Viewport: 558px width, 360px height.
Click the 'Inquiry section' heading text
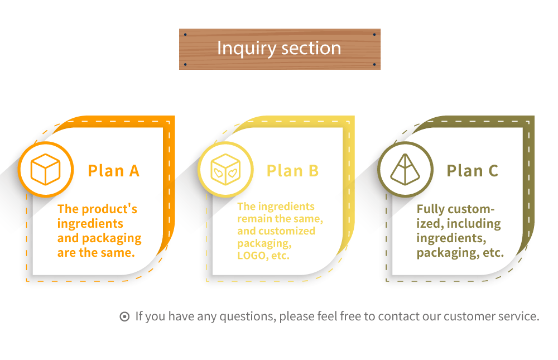[279, 48]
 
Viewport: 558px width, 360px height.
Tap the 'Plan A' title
[113, 171]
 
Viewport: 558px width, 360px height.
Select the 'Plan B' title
[292, 171]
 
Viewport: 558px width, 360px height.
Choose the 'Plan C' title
[472, 171]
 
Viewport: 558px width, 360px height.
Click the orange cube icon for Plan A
[46, 169]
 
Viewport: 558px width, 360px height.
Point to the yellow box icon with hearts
[225, 169]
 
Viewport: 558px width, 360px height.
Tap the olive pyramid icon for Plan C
[405, 169]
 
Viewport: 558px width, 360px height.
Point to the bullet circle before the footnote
[124, 317]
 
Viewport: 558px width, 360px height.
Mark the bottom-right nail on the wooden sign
[374, 64]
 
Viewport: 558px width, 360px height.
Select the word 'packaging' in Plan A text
[112, 238]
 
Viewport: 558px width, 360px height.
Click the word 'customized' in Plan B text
[287, 231]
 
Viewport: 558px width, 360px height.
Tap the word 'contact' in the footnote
[398, 316]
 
